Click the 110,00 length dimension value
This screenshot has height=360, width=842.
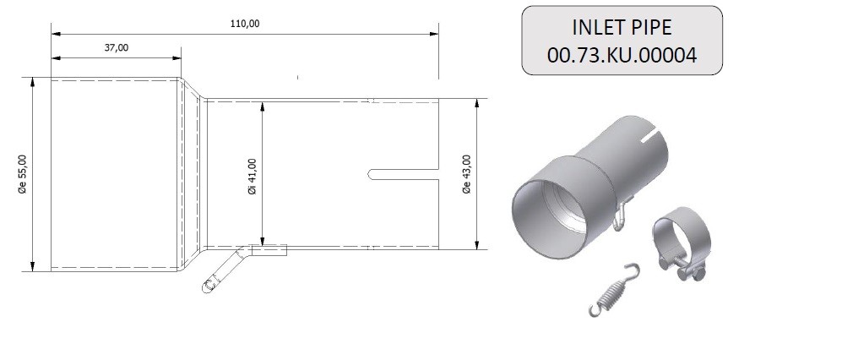pos(246,24)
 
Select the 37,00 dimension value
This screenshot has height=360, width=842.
pos(117,48)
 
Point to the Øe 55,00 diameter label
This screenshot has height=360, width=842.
pos(23,174)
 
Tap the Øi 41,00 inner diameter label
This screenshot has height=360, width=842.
pos(253,177)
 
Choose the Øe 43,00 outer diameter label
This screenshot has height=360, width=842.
pos(466,174)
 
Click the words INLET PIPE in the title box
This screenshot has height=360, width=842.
pos(622,27)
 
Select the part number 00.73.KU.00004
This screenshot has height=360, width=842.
pos(622,55)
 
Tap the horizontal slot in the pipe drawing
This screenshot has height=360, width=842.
pos(404,174)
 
